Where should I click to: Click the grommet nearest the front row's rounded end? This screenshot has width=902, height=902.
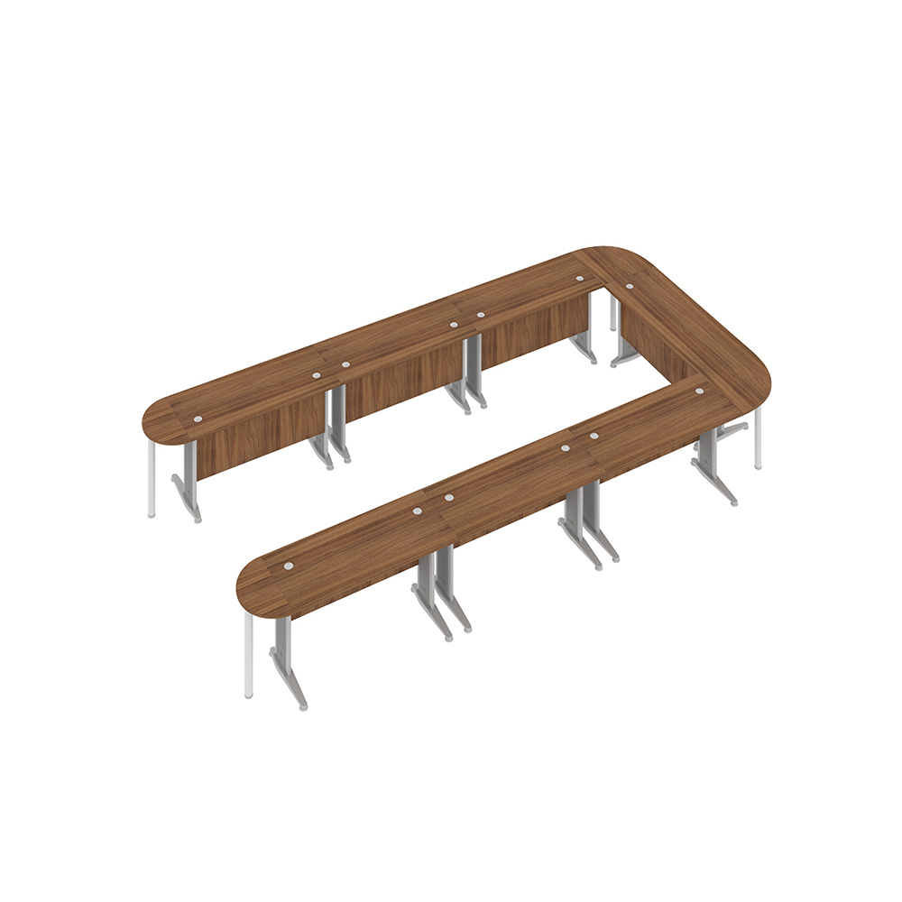pos(289,566)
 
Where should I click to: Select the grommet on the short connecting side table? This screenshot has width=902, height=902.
pos(629,287)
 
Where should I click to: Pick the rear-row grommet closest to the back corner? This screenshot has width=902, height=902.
pos(578,279)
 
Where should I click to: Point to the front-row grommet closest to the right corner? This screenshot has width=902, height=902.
pos(698,391)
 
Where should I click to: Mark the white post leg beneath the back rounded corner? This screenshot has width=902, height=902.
pos(613,312)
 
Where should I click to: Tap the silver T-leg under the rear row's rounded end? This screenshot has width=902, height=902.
pos(189,487)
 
